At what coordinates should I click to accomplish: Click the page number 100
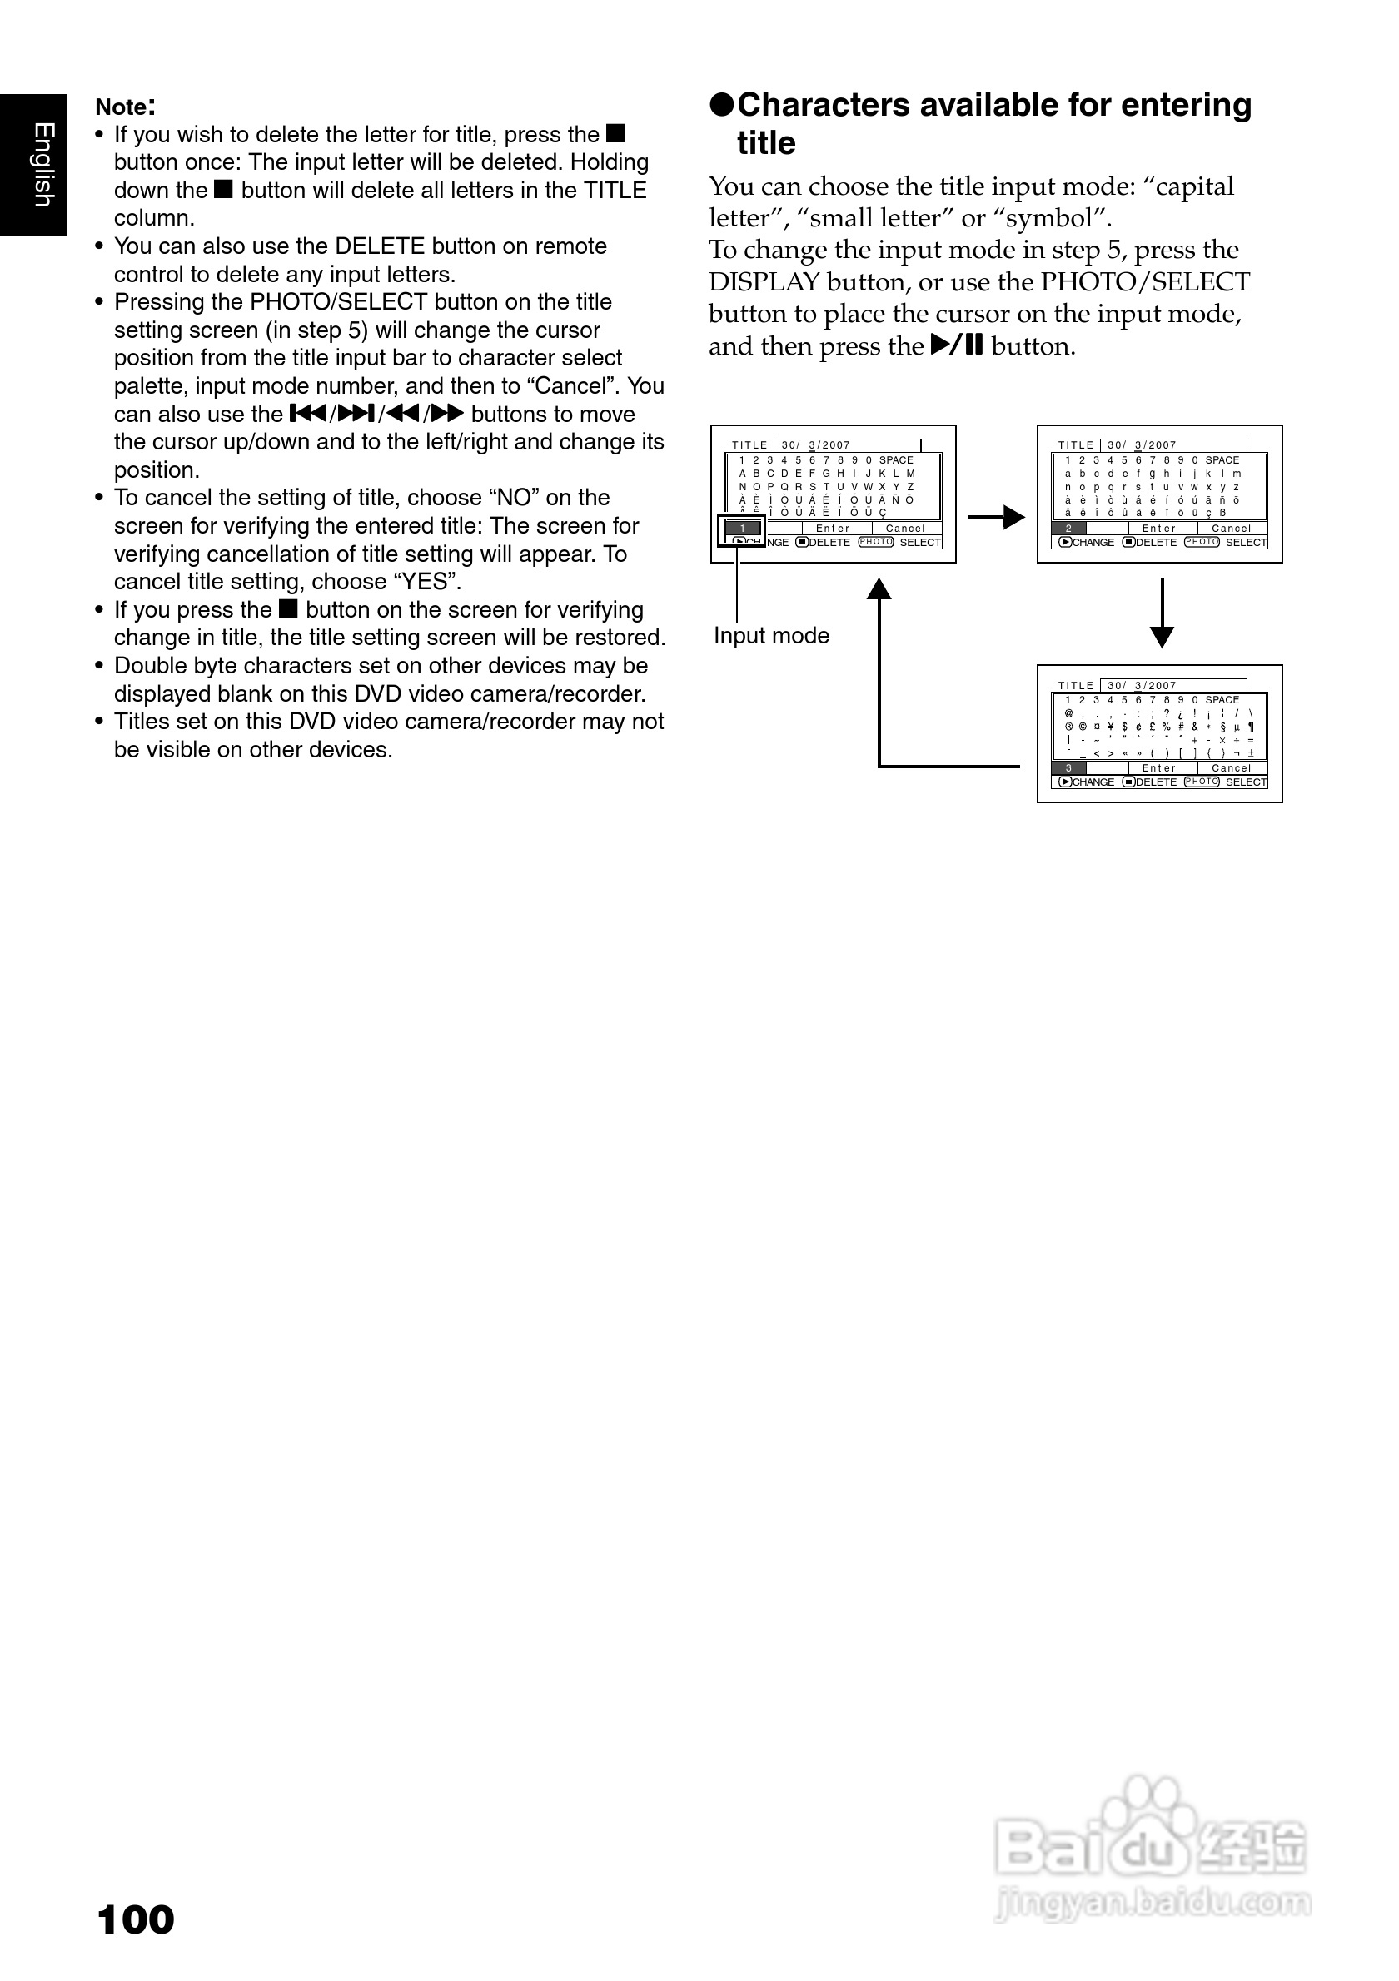[x=137, y=1919]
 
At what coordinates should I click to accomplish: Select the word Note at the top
[x=122, y=107]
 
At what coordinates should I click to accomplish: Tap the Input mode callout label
[x=772, y=636]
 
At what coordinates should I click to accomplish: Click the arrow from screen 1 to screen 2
[x=996, y=518]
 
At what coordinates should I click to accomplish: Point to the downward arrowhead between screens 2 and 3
[x=1163, y=637]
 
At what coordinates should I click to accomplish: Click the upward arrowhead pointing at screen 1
[x=879, y=589]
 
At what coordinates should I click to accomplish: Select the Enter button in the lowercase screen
[x=1159, y=528]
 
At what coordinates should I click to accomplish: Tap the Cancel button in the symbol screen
[x=1232, y=768]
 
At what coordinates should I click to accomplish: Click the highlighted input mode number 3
[x=1069, y=768]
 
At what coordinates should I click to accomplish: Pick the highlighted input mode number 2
[x=1069, y=528]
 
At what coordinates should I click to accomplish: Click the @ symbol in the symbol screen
[x=1068, y=713]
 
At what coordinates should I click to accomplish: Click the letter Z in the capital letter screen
[x=909, y=487]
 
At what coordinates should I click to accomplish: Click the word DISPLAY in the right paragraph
[x=764, y=282]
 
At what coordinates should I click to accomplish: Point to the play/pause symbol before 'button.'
[x=957, y=346]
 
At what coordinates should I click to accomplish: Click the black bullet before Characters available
[x=721, y=105]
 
